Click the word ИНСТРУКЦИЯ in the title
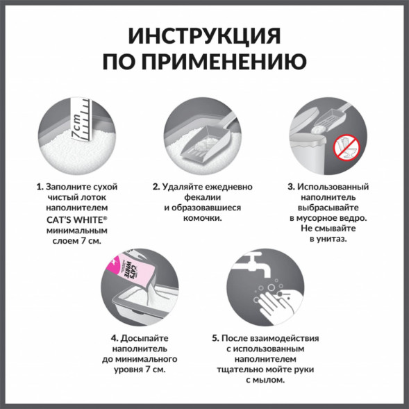[x=204, y=36]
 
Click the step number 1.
[x=39, y=187]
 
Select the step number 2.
[x=156, y=187]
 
